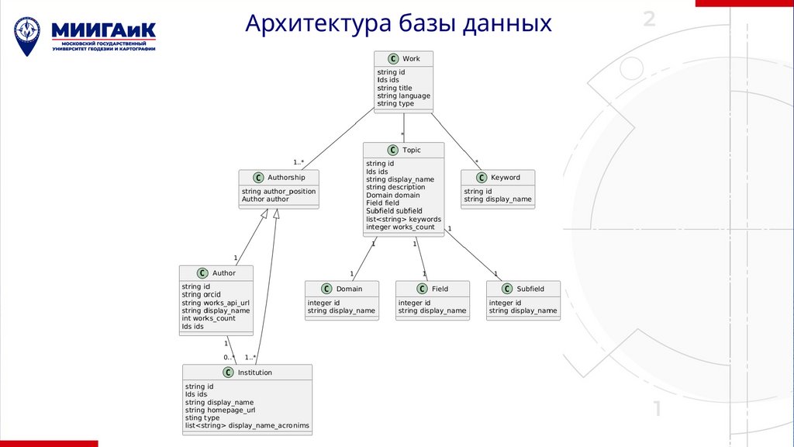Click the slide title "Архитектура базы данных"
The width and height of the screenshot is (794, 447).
point(398,23)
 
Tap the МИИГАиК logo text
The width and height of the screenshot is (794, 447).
point(104,30)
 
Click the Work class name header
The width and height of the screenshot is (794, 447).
point(411,59)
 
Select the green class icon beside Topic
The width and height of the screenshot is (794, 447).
point(392,151)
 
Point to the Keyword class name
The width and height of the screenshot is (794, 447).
point(506,178)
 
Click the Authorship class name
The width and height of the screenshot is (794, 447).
point(287,178)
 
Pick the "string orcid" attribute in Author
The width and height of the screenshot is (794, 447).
point(202,295)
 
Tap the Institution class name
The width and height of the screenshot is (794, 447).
point(255,372)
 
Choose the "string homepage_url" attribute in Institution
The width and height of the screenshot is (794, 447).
point(220,411)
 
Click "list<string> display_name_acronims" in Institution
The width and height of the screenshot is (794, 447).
point(247,426)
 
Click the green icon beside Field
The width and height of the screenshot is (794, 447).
point(421,289)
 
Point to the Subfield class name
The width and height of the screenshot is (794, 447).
point(530,289)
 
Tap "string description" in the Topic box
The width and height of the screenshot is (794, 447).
point(395,187)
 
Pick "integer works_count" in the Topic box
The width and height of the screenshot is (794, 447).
point(400,227)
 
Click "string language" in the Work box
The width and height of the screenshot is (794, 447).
point(403,96)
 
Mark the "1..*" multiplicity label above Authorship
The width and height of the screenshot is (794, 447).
point(299,162)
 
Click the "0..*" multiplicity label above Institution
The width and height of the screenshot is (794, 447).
point(230,358)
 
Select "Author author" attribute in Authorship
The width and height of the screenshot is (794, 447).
point(265,199)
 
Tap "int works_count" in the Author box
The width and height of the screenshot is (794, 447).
point(209,318)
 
